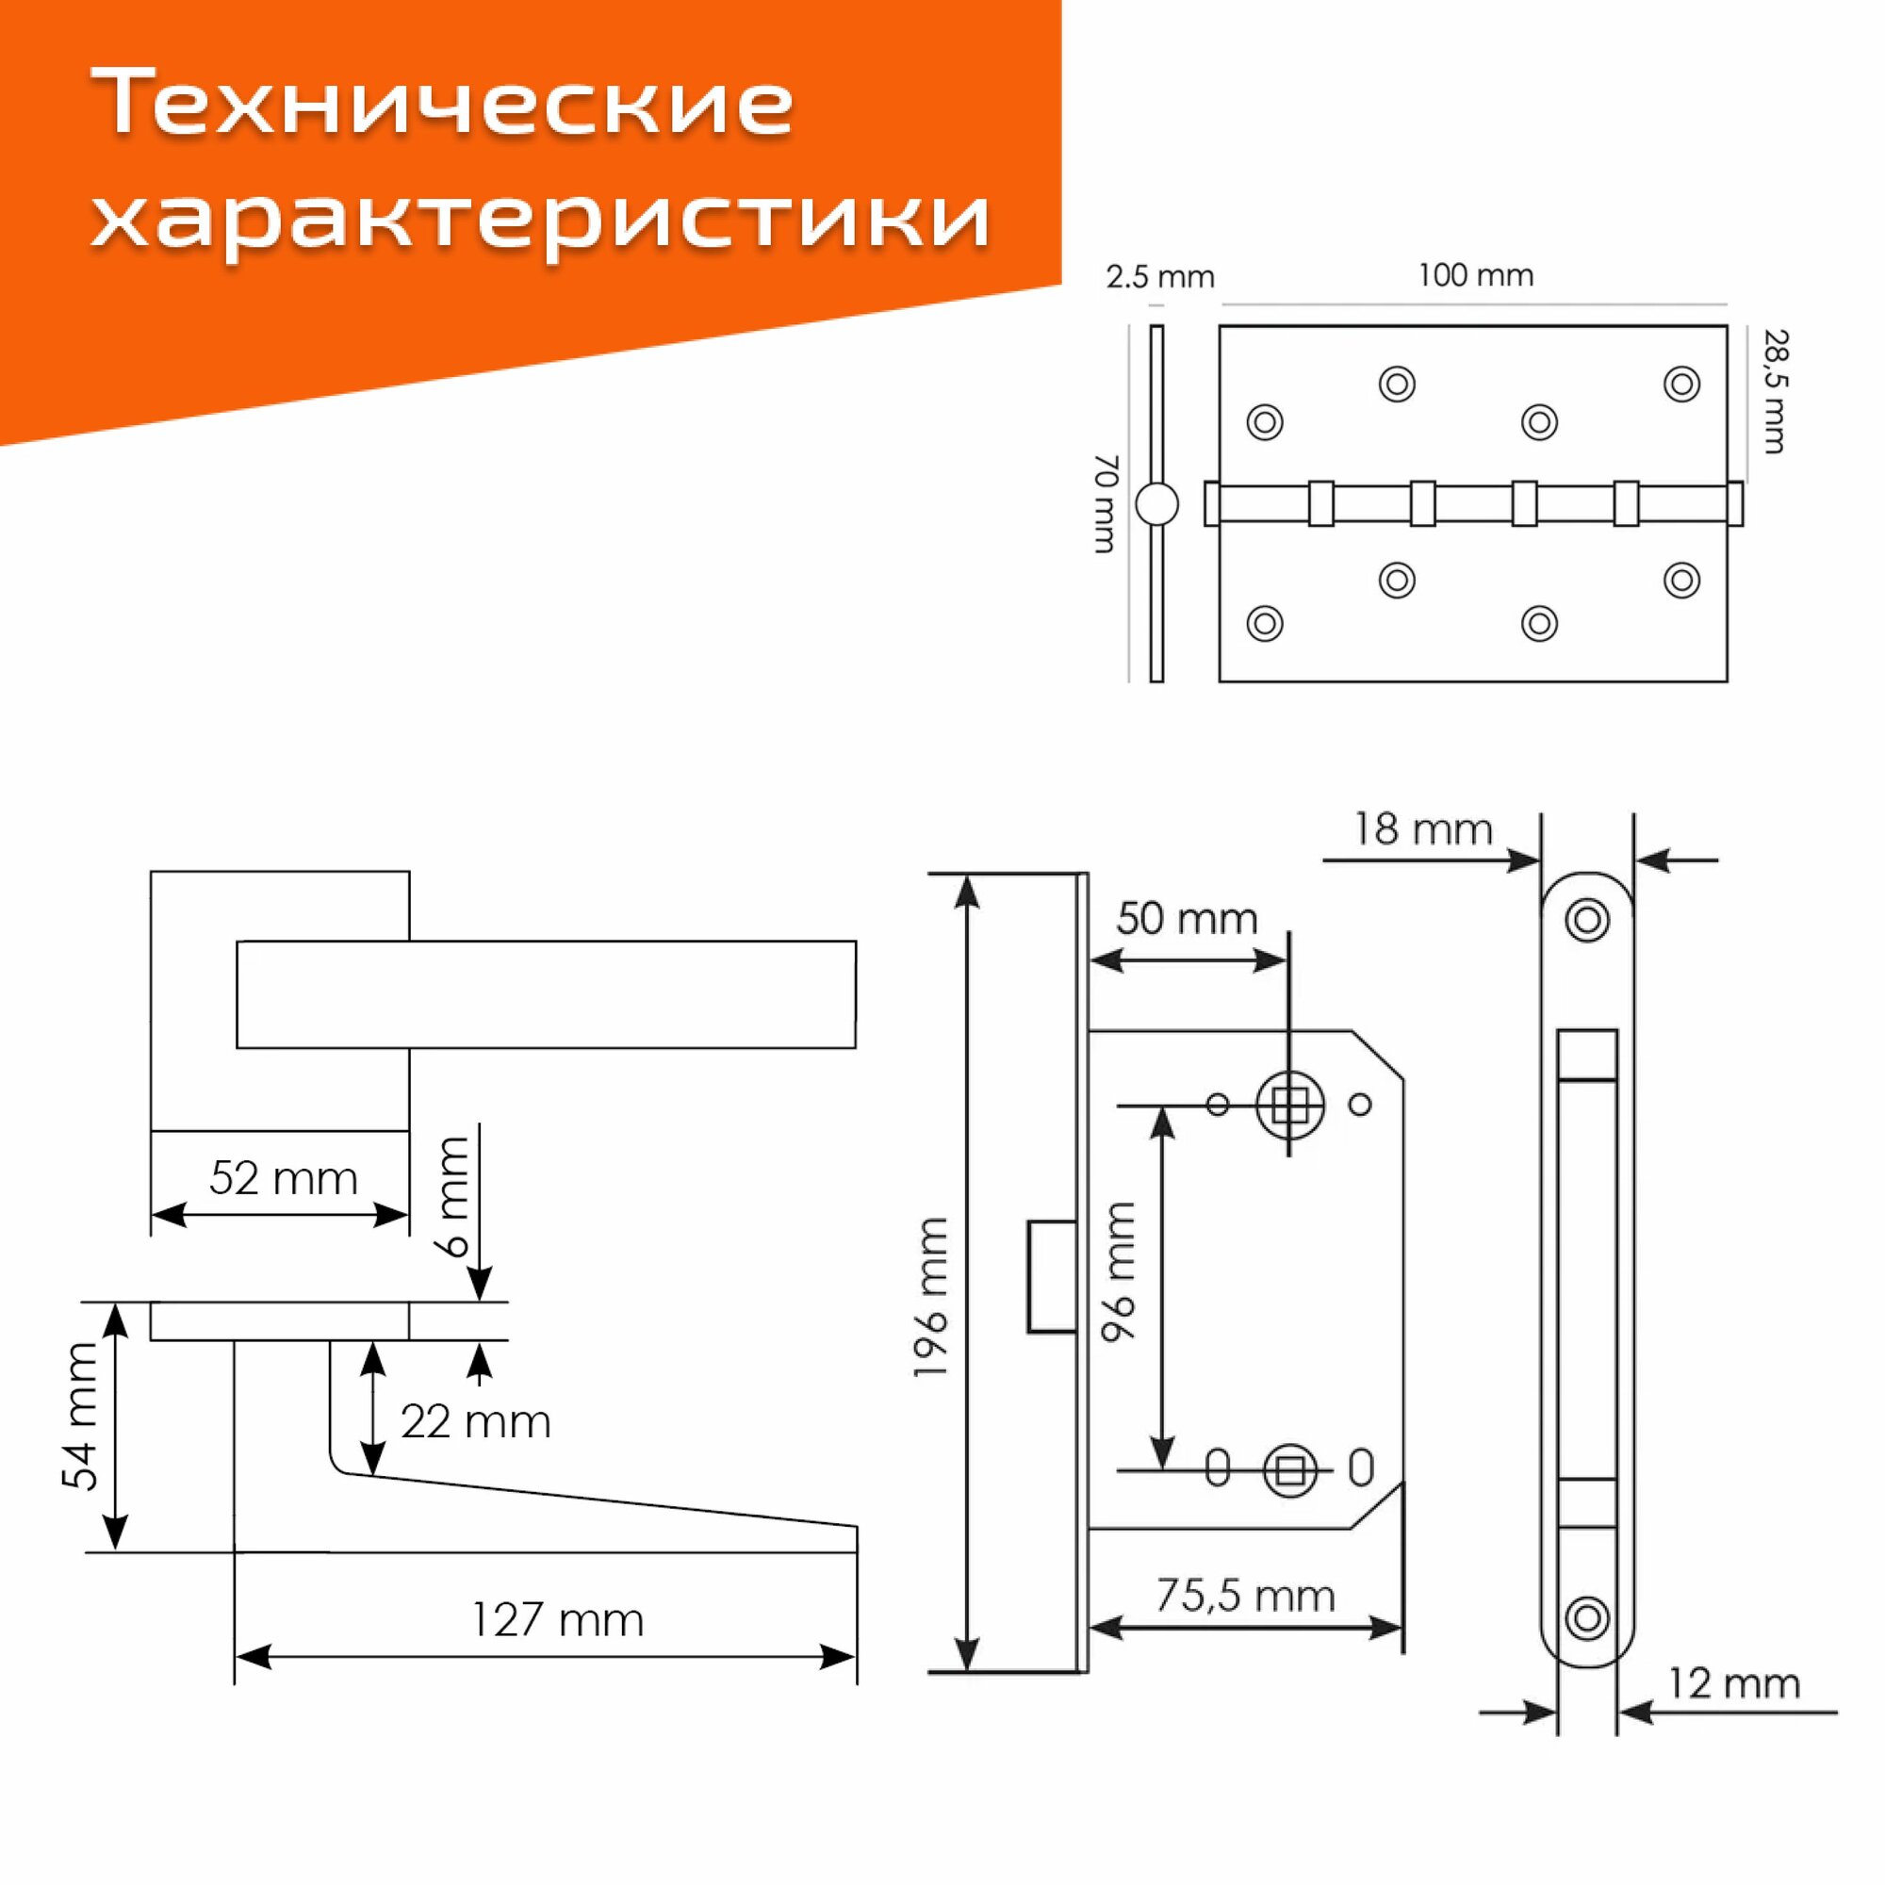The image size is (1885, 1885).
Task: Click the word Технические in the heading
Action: [443, 103]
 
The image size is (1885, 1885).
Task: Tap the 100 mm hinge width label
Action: [1475, 276]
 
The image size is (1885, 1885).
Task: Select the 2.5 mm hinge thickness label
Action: [1159, 278]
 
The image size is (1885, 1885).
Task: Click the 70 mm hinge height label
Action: [1106, 503]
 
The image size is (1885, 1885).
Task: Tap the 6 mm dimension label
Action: [453, 1196]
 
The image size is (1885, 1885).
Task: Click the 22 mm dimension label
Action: [475, 1421]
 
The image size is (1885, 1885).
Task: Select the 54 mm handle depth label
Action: [81, 1417]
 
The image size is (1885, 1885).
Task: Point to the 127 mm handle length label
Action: [557, 1620]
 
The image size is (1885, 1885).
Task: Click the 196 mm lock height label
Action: [932, 1298]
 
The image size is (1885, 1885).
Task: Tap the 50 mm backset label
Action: [1187, 919]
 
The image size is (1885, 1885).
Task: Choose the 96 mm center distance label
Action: [1120, 1271]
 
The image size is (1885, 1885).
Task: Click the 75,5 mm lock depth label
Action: [1245, 1597]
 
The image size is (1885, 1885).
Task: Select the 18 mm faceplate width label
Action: [1422, 829]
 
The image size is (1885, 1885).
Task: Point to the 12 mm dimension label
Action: [1733, 1684]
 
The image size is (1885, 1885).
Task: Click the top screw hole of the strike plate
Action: [1586, 919]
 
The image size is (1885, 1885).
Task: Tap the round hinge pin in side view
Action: [1157, 504]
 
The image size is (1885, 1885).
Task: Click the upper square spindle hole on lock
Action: [1290, 1106]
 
